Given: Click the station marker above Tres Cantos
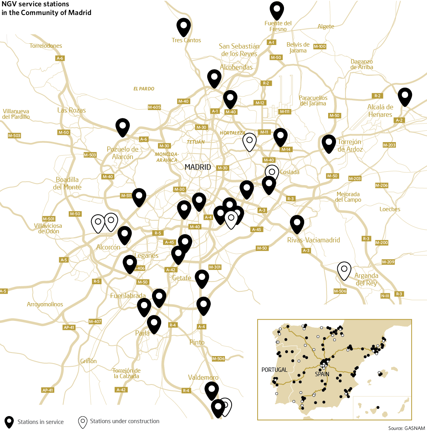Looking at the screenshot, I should point(184,26).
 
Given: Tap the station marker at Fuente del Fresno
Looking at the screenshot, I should point(277,9).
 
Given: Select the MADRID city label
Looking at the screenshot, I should point(198,167).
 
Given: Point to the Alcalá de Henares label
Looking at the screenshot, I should point(380,111).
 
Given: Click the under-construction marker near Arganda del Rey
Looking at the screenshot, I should point(344,270).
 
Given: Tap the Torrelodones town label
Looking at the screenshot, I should point(46,46).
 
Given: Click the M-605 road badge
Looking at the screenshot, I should point(154,107).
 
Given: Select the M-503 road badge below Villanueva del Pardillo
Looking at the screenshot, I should point(14,136).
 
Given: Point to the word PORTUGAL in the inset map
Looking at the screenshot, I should point(274,370).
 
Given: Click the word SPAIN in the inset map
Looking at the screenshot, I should point(322,373).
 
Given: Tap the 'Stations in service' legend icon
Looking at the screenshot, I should point(9,422).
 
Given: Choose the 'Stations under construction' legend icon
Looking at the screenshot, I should point(83,422).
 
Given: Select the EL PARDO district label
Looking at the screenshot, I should point(144,89).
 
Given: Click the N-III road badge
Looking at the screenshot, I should point(385,296).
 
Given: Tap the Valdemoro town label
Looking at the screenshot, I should point(203,377).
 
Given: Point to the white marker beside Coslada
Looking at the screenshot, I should point(271,172).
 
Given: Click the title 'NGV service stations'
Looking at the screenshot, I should point(35,4).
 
